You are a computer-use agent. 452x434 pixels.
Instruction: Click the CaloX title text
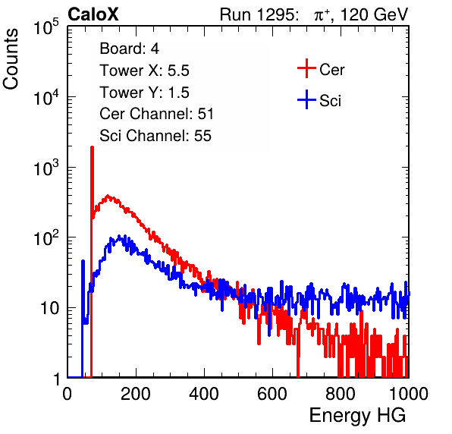tap(93, 14)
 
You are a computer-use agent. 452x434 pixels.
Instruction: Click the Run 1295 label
tap(259, 14)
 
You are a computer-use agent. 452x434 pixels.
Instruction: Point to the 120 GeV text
tap(375, 14)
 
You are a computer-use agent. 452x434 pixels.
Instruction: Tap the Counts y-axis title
tap(11, 59)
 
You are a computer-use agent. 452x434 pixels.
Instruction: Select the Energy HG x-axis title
tap(357, 416)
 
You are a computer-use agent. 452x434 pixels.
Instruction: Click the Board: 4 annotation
tap(129, 49)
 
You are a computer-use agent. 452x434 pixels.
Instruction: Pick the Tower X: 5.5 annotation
tap(144, 71)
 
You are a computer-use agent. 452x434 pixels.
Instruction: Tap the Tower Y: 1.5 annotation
tap(144, 93)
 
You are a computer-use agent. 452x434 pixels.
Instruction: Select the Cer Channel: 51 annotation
tap(156, 114)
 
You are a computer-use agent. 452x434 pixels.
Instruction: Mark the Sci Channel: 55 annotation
tap(155, 136)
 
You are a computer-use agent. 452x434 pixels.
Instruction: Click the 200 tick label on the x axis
tap(136, 394)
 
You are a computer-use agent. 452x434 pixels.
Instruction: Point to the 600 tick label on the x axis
tap(272, 394)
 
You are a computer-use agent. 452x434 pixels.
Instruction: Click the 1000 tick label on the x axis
tap(409, 394)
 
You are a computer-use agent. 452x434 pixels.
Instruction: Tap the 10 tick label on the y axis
tap(49, 308)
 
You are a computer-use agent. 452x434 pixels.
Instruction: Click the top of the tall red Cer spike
tap(92, 147)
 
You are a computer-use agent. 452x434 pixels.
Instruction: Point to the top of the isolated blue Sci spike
tap(83, 261)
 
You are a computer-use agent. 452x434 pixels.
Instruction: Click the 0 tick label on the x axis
tap(67, 394)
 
